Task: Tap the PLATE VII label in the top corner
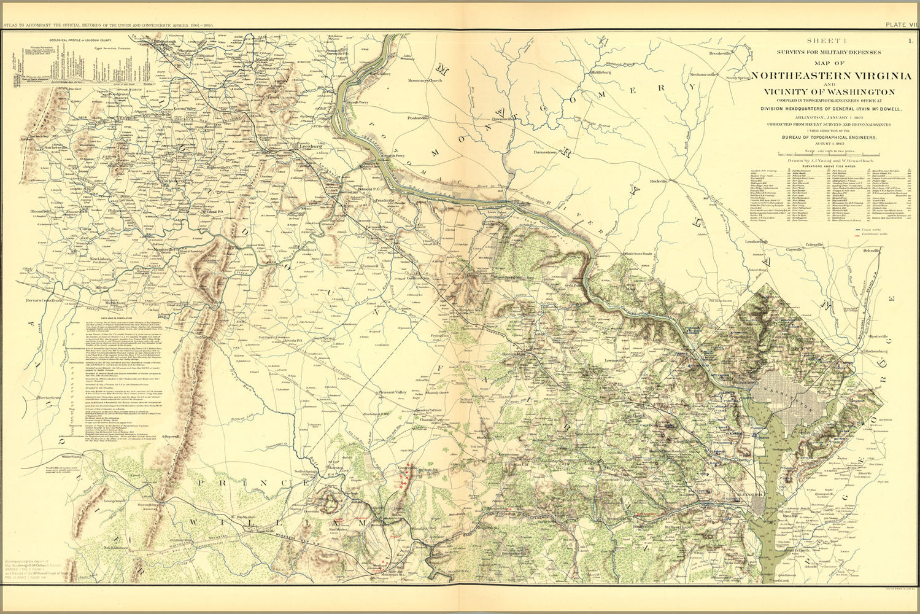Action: [900, 25]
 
